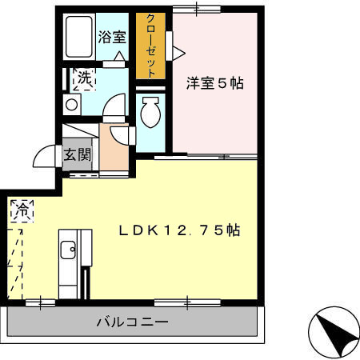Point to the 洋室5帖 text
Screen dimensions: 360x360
coord(215,82)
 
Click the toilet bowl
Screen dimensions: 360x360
coord(150,114)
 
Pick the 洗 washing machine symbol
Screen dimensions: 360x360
coord(82,79)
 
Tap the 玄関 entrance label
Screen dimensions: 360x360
coord(78,154)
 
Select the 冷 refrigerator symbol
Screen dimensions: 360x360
coord(22,212)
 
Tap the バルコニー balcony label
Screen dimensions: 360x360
coord(132,323)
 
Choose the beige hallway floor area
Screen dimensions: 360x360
coord(115,156)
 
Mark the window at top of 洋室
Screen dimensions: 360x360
coord(197,9)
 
